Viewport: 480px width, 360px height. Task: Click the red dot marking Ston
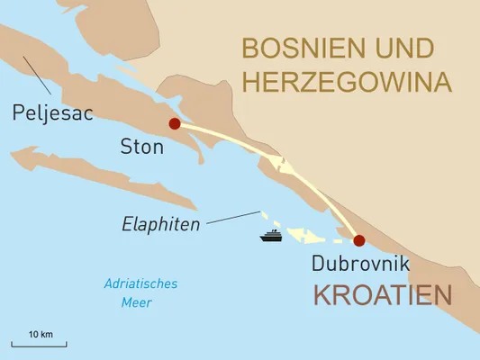tap(174, 124)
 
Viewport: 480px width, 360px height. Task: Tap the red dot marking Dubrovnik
tap(359, 240)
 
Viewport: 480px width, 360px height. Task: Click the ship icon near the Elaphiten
tap(271, 237)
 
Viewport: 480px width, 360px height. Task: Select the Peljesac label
tap(53, 114)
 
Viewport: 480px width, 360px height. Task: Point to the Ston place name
tap(141, 146)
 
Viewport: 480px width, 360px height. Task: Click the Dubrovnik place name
tap(360, 264)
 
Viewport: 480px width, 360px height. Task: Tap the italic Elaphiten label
tap(160, 223)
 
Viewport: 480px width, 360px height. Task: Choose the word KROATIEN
tap(382, 294)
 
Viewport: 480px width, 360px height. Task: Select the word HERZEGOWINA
tap(346, 82)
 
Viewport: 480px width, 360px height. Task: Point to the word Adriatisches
tap(140, 283)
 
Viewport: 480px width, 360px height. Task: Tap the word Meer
tap(136, 302)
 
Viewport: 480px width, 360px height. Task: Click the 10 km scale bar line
tap(39, 345)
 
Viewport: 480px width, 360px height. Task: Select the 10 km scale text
tap(40, 334)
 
